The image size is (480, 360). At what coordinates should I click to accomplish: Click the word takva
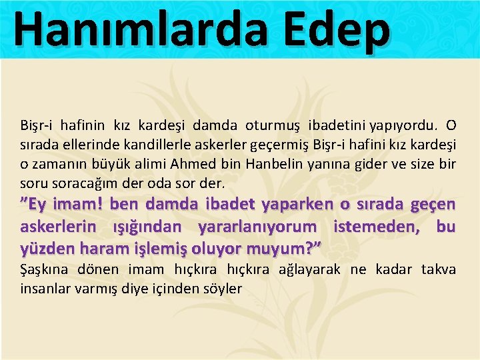click(x=439, y=269)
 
